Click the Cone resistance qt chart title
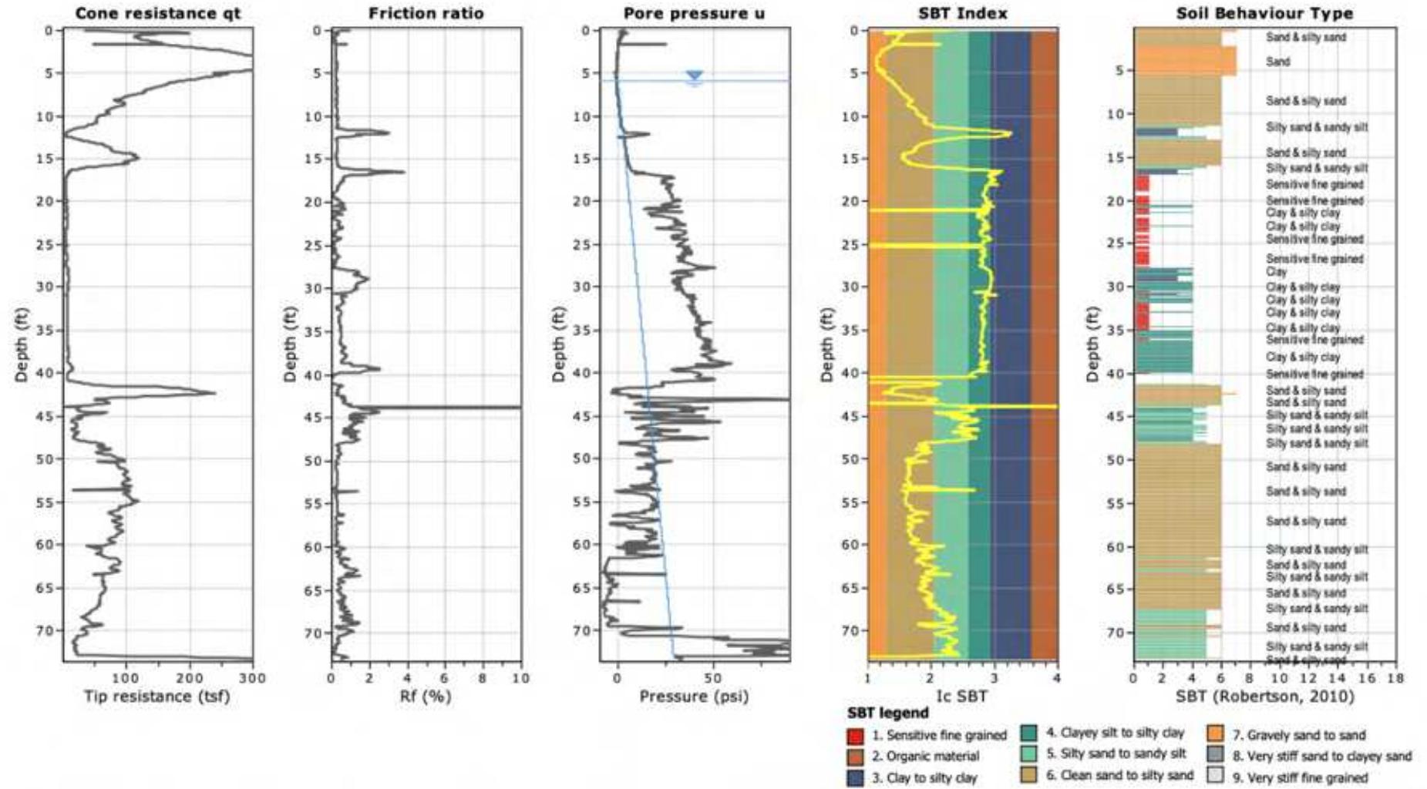(x=157, y=13)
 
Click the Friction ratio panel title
(x=426, y=13)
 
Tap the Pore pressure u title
(x=694, y=13)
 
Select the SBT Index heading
(x=962, y=13)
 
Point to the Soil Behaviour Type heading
(x=1264, y=13)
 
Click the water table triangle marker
(x=695, y=76)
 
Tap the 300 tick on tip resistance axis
(x=252, y=678)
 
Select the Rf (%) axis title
(x=426, y=697)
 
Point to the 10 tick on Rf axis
(x=520, y=678)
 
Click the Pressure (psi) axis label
(x=694, y=697)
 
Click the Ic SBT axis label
(x=961, y=697)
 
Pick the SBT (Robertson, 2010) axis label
(x=1265, y=697)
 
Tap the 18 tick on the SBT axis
(x=1395, y=678)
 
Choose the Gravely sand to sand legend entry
(x=1306, y=735)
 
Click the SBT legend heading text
(x=887, y=713)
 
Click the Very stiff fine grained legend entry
(x=1308, y=777)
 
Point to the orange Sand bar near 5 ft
(x=1185, y=61)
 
